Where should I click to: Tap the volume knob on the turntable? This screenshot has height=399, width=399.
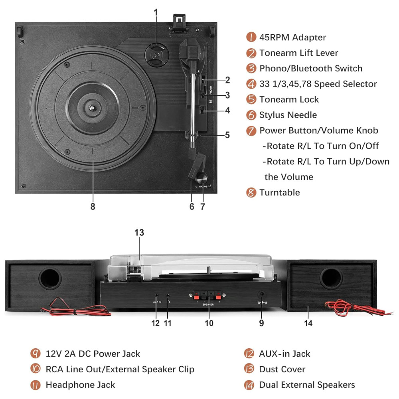[202, 177]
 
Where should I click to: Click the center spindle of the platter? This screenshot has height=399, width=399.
[92, 107]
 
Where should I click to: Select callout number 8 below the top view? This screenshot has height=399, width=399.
[93, 206]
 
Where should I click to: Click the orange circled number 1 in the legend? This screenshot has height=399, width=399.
[251, 38]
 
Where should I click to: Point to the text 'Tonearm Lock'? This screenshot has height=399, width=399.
[289, 99]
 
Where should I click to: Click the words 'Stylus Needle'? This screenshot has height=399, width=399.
[288, 115]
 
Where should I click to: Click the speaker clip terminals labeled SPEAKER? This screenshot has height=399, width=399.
[207, 296]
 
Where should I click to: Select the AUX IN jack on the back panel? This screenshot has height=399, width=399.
[156, 296]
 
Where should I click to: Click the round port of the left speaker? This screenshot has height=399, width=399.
[50, 278]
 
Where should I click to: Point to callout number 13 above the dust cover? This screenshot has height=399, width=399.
[139, 233]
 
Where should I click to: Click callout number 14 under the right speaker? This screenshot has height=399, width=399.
[308, 323]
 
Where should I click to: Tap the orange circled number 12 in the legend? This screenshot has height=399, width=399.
[249, 354]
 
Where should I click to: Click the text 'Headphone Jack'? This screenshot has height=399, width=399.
[80, 385]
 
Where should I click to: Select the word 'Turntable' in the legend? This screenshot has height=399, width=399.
[279, 192]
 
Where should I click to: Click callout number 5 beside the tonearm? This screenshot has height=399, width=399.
[227, 135]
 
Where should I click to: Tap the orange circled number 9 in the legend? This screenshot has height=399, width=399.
[36, 354]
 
